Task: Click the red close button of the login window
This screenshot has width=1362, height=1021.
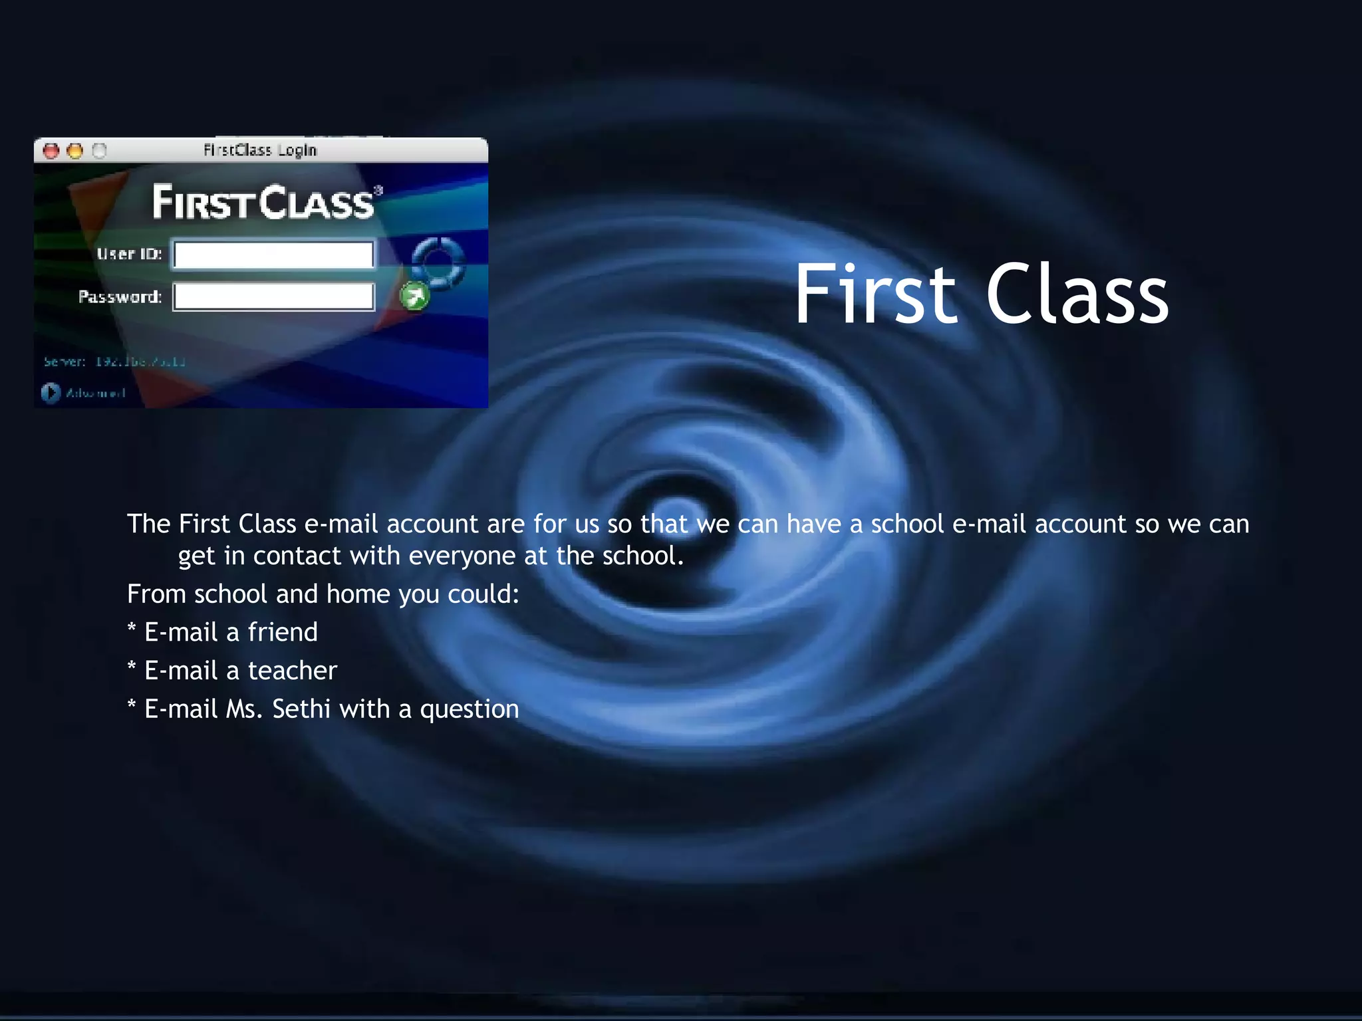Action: tap(51, 151)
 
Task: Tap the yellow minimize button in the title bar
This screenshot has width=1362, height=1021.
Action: tap(75, 151)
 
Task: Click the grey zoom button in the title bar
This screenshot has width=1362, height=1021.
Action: tap(99, 151)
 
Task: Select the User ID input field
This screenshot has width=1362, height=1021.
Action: tap(273, 255)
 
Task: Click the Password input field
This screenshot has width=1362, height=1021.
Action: tap(273, 296)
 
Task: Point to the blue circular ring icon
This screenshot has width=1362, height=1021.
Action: tap(438, 262)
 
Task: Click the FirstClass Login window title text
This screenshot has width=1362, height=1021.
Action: tap(260, 150)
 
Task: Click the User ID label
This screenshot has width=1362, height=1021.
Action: tap(129, 254)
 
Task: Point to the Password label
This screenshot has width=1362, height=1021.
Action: tap(120, 296)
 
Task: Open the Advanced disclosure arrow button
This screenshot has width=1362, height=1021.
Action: tap(51, 393)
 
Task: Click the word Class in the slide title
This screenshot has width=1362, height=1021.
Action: tap(1077, 294)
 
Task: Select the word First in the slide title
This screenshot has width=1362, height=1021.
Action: tap(875, 294)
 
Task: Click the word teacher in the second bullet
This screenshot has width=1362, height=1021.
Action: tap(293, 671)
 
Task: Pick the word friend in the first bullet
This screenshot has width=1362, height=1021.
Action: tap(283, 632)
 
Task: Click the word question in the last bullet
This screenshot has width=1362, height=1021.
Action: tap(469, 710)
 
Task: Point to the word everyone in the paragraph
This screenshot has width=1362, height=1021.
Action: tap(462, 556)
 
